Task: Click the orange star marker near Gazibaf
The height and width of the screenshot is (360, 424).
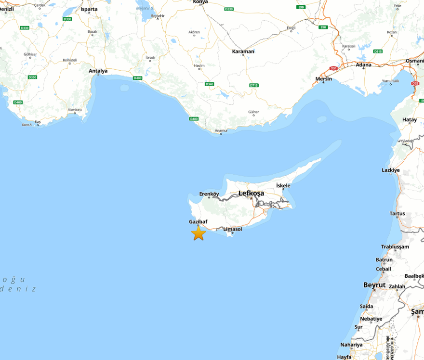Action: coord(199,233)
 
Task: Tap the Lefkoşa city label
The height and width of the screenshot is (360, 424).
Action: coord(251,193)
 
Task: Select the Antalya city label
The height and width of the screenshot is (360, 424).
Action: coord(98,71)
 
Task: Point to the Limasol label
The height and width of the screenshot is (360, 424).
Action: coord(233,229)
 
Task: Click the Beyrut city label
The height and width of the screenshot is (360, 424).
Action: coord(374,285)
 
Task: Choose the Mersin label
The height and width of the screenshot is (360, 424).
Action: coord(324,78)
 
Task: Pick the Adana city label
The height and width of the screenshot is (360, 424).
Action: coord(364,64)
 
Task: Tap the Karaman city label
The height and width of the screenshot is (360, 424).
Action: coord(243,51)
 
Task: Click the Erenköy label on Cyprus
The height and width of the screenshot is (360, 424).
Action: coord(209,194)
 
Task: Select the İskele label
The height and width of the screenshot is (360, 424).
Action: coord(283,185)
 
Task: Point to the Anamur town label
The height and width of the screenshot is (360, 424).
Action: coord(221,130)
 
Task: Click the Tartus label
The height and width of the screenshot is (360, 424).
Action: coord(397,213)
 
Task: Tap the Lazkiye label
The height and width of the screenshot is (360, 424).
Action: coord(391,170)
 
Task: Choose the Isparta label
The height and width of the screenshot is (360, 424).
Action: coord(89,9)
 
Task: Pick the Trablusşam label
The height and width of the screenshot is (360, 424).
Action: coord(395,247)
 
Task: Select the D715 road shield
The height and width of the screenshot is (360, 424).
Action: coord(254,85)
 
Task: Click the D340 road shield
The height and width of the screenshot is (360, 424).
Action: coord(209,84)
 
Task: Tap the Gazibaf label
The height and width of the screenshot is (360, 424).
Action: coord(199,222)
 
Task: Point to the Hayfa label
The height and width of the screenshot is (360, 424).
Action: coord(344,357)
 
